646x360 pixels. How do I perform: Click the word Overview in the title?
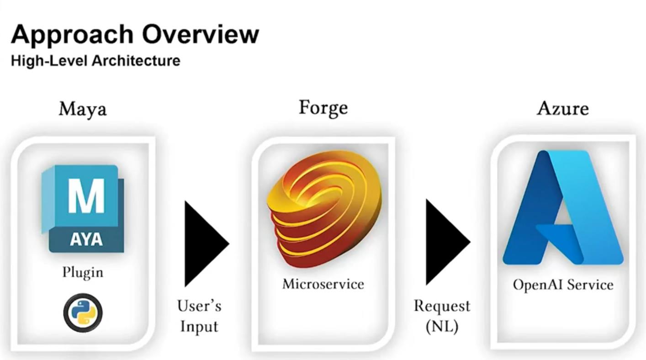pyautogui.click(x=201, y=34)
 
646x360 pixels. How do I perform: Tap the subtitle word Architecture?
pyautogui.click(x=136, y=61)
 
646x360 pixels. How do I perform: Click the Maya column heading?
pyautogui.click(x=83, y=110)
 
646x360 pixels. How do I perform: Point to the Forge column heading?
pyautogui.click(x=323, y=108)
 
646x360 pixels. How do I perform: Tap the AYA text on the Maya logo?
pyautogui.click(x=86, y=239)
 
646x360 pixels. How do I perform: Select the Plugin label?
pyautogui.click(x=83, y=273)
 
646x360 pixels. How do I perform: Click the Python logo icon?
pyautogui.click(x=83, y=312)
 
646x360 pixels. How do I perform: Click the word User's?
pyautogui.click(x=199, y=306)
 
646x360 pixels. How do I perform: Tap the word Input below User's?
pyautogui.click(x=199, y=327)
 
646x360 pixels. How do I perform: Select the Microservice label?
pyautogui.click(x=323, y=284)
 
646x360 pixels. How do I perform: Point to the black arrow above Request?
pyautogui.click(x=448, y=242)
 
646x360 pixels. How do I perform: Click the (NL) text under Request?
pyautogui.click(x=442, y=327)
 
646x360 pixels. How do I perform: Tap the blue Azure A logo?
pyautogui.click(x=563, y=207)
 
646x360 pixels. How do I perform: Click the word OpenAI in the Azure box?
pyautogui.click(x=538, y=285)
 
